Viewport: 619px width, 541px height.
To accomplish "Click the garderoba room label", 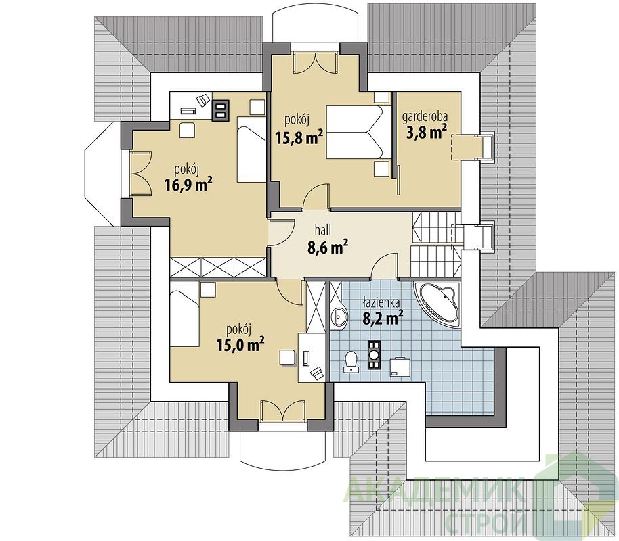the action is click(425, 118).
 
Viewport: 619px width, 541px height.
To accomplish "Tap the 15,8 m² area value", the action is click(299, 137).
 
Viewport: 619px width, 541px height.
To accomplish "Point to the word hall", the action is click(323, 229).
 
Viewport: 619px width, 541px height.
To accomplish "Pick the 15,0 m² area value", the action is click(240, 345).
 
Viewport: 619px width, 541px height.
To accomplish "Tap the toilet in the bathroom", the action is click(351, 361).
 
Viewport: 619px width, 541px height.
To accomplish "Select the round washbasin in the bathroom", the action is click(339, 316).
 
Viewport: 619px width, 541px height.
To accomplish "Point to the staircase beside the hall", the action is click(436, 244).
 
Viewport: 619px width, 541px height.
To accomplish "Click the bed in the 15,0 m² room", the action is click(184, 316).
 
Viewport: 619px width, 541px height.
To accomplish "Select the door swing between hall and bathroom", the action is click(384, 266).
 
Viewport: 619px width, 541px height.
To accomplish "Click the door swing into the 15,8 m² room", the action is click(316, 196).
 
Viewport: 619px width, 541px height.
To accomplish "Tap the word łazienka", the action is click(381, 302).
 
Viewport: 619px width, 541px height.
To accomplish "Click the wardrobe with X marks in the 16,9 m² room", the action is click(218, 267).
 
